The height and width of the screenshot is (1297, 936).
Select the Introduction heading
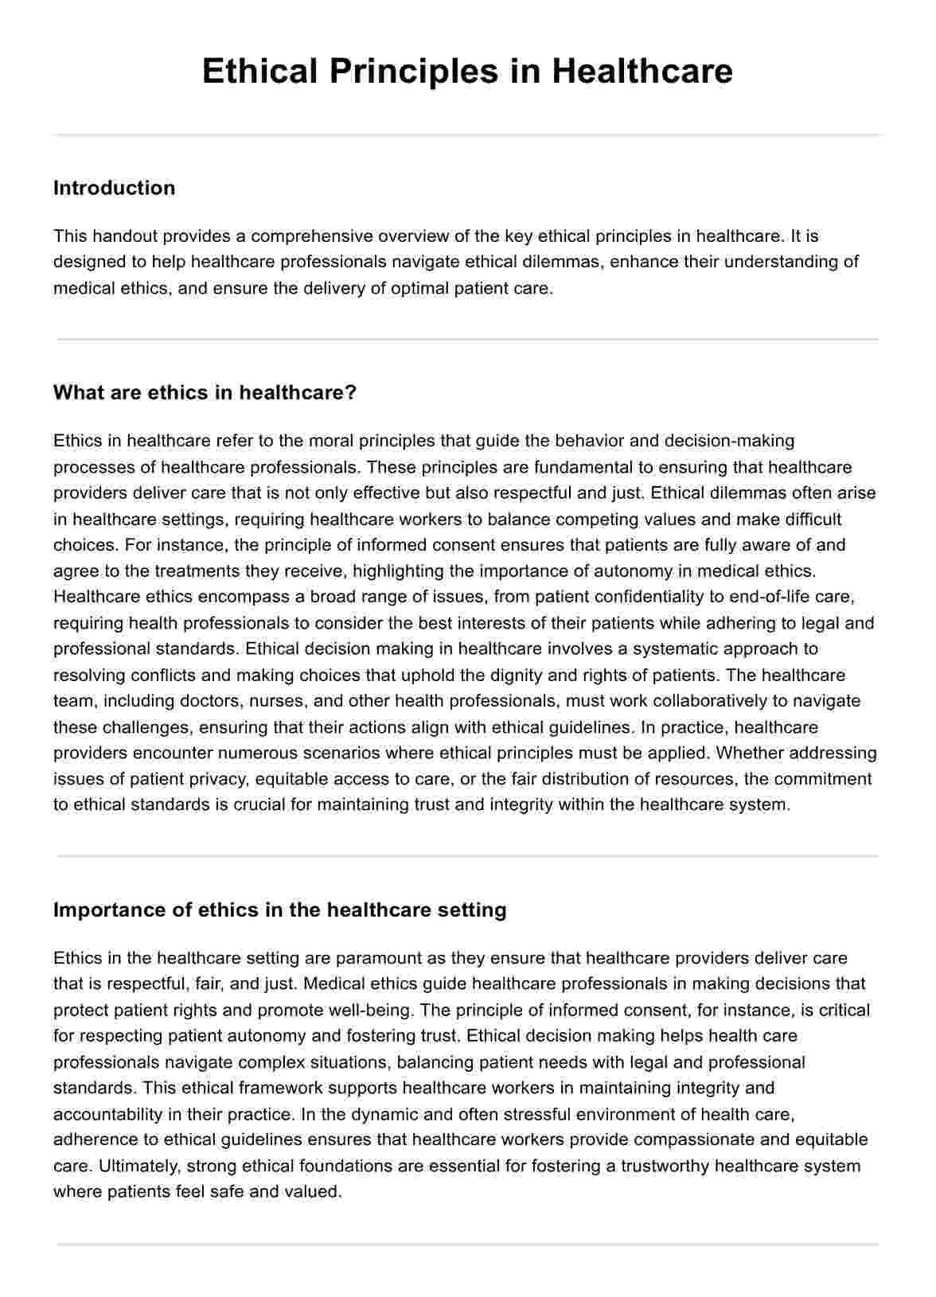click(114, 188)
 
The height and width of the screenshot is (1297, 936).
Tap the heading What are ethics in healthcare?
click(205, 392)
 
